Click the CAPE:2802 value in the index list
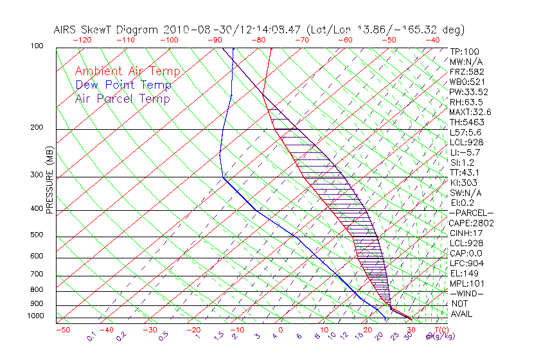[472, 223]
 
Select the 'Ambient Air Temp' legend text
[127, 71]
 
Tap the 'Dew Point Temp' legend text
[123, 85]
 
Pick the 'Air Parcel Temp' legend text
[122, 98]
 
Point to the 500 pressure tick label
[37, 235]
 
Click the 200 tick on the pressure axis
[37, 127]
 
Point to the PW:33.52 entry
[468, 92]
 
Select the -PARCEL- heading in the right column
[472, 213]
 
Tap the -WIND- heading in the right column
[466, 293]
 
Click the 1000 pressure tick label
[36, 316]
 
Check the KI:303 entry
[465, 183]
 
